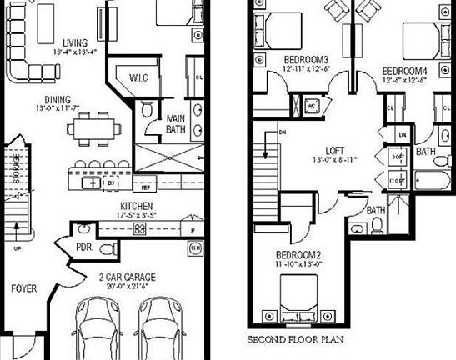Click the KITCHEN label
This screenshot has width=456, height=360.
point(135,205)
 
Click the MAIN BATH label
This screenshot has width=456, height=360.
point(175,122)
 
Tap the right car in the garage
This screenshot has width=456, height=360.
point(162,330)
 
